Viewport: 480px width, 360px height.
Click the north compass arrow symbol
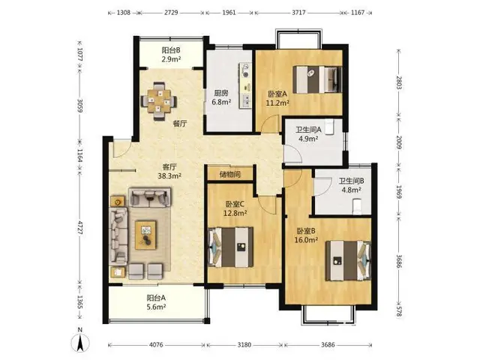tap(80, 343)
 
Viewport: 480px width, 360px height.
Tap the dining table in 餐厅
tap(159, 101)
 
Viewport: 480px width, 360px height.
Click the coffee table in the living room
tap(146, 235)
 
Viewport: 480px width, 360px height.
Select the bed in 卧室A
tap(317, 79)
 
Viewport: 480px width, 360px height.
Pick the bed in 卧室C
tap(230, 247)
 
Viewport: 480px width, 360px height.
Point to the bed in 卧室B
tap(348, 260)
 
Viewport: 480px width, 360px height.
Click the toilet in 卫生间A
tap(329, 127)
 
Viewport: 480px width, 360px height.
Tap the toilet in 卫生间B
tap(357, 207)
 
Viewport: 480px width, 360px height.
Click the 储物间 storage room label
tap(230, 175)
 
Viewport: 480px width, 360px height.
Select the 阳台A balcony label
tap(156, 298)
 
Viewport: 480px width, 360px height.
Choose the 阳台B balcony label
tap(171, 50)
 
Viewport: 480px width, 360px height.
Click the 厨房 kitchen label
tap(221, 93)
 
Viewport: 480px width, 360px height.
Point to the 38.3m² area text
tap(169, 176)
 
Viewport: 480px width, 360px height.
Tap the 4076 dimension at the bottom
tap(156, 345)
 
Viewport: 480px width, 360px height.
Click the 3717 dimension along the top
tap(298, 13)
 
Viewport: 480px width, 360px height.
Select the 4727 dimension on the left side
tap(79, 227)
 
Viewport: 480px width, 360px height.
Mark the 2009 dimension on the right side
tap(399, 142)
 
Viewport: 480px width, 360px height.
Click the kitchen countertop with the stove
tap(245, 85)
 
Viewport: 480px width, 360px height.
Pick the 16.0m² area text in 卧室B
tap(306, 240)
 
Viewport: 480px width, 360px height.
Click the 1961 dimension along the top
tap(229, 13)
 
